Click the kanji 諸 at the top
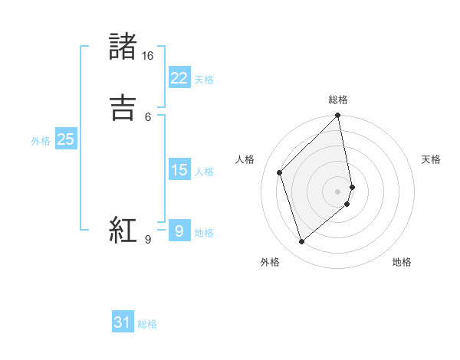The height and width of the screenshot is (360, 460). (123, 47)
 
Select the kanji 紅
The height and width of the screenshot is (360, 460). (123, 231)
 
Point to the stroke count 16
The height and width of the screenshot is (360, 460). (147, 56)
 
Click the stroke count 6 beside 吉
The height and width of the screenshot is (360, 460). (148, 116)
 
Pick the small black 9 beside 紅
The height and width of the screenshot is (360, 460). (148, 240)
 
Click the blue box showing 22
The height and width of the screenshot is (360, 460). (179, 78)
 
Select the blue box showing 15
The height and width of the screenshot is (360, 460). (179, 170)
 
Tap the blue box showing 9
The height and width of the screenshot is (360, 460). (179, 231)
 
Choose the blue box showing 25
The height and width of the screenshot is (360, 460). (65, 139)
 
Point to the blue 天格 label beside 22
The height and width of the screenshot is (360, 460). (204, 80)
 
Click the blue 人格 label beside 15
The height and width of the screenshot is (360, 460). (204, 172)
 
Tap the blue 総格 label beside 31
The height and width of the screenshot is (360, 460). (147, 324)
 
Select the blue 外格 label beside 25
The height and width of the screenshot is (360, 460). (41, 141)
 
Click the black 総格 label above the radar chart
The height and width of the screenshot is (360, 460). (338, 100)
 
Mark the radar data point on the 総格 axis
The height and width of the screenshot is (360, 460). (338, 116)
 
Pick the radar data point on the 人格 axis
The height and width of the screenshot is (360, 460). (280, 172)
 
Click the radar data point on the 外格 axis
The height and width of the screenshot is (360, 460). (301, 241)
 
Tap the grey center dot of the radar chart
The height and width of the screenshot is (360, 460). (338, 191)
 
